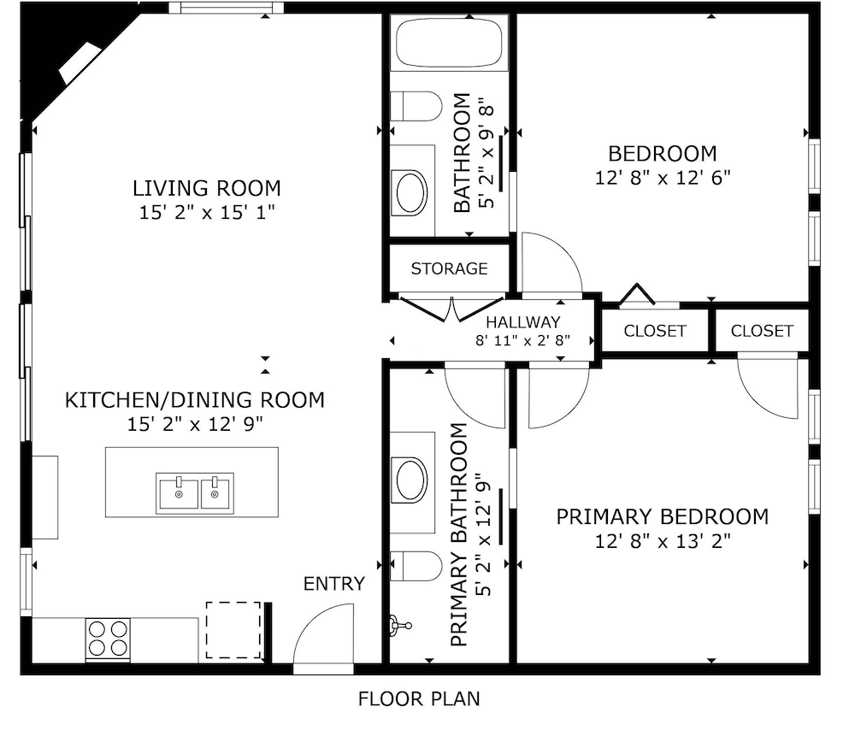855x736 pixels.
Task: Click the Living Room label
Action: point(207,188)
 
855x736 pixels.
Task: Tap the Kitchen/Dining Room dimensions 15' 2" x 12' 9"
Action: point(195,424)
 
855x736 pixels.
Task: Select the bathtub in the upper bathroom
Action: point(449,44)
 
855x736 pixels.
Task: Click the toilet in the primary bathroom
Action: point(416,567)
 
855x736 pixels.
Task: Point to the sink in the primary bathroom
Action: point(412,480)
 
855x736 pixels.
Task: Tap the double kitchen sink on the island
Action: point(195,493)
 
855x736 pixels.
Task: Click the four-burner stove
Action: point(108,639)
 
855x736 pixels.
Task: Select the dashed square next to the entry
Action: point(233,630)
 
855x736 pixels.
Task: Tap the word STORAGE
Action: point(450,268)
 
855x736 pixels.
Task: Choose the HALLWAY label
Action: point(523,322)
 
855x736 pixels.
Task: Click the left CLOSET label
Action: point(655,331)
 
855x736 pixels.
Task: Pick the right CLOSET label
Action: point(762,331)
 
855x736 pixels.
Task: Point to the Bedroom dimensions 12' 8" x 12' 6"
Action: point(663,178)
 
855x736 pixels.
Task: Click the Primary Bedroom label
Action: point(663,516)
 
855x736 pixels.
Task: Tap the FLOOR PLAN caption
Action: point(419,699)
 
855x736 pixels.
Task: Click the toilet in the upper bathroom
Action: point(416,106)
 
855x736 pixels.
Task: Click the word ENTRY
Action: point(334,584)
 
